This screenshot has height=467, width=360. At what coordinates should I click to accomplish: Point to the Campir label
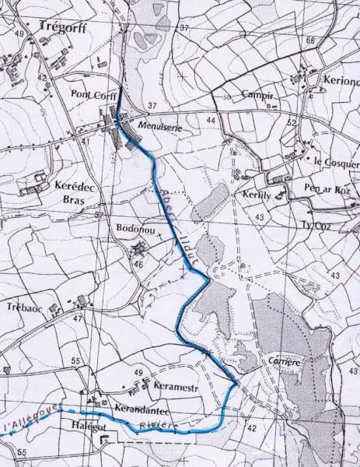click(260, 94)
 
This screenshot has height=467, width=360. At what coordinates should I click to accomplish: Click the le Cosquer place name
click(337, 162)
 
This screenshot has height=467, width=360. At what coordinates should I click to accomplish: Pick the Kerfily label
click(254, 193)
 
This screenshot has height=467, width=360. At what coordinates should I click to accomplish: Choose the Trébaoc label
click(23, 307)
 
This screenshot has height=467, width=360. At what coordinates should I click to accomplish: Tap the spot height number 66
click(311, 40)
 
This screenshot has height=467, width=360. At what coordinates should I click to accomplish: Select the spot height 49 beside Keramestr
click(138, 375)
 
